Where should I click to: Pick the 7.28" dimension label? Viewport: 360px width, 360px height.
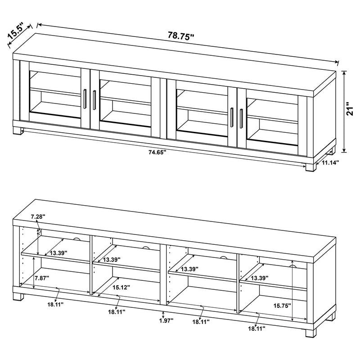38,217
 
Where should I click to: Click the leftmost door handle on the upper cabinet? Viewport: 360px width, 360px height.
84,99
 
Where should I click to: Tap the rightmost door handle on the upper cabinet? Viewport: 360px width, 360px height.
241,118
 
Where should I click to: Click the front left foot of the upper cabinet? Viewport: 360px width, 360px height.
18,130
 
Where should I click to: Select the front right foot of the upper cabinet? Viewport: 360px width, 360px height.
310,167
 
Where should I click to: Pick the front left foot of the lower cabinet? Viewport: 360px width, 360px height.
18,297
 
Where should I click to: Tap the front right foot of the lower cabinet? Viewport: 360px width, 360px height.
310,333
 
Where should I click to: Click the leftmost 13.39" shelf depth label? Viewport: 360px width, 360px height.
58,253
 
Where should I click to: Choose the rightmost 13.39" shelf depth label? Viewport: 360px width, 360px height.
260,279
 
